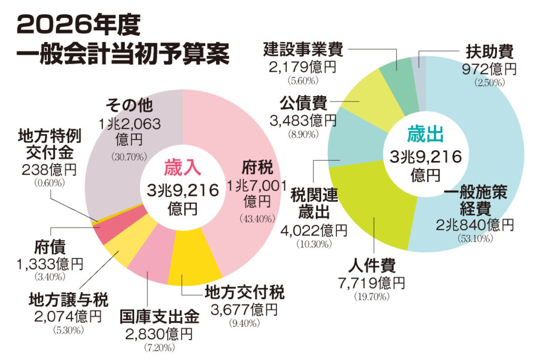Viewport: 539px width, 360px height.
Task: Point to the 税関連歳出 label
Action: [315, 205]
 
